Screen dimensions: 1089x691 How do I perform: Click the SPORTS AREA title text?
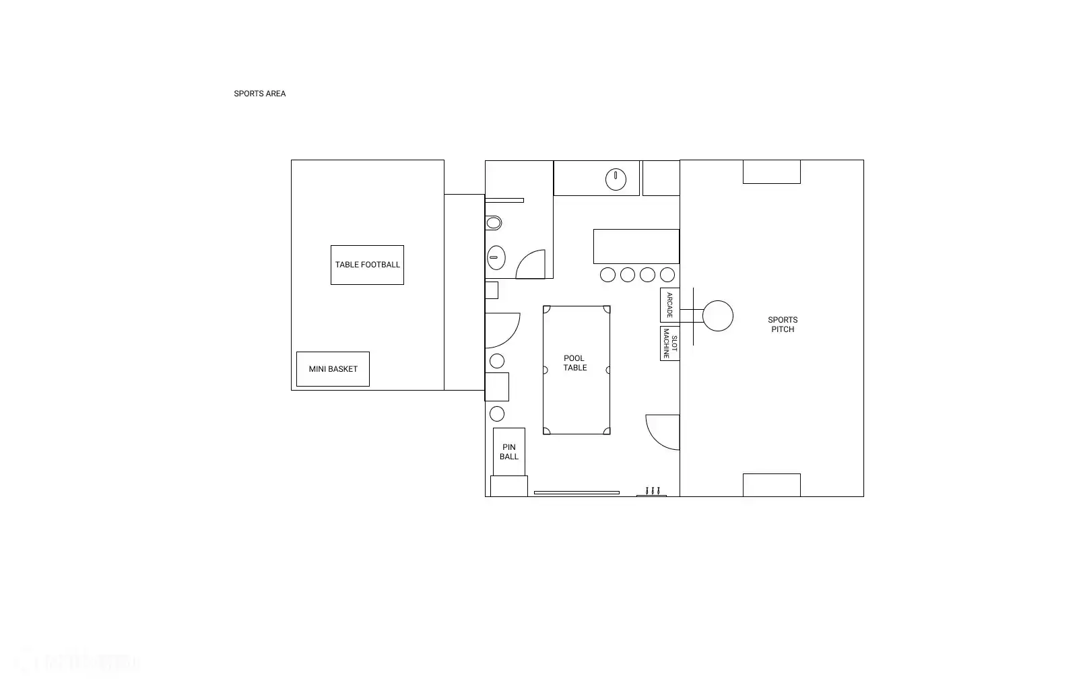pyautogui.click(x=259, y=94)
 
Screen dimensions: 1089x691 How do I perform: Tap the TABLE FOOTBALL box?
pyautogui.click(x=367, y=265)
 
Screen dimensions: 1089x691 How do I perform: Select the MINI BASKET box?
pyautogui.click(x=333, y=369)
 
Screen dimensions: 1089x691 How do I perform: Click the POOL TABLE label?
pyautogui.click(x=574, y=363)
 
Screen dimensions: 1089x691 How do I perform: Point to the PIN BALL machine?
pyautogui.click(x=509, y=452)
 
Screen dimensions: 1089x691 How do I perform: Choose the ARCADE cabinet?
pyautogui.click(x=670, y=305)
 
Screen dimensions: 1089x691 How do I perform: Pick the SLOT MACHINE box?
pyautogui.click(x=670, y=343)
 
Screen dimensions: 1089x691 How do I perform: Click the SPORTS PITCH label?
pyautogui.click(x=783, y=325)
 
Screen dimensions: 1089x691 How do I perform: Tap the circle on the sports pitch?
pyautogui.click(x=718, y=316)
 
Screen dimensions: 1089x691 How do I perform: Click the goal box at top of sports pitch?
pyautogui.click(x=772, y=172)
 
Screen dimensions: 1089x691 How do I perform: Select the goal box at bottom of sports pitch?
pyautogui.click(x=772, y=486)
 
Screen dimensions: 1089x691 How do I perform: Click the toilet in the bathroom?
pyautogui.click(x=494, y=223)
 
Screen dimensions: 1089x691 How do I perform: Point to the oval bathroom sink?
pyautogui.click(x=496, y=258)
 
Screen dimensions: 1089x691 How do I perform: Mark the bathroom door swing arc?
pyautogui.click(x=524, y=258)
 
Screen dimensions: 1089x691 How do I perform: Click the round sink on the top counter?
pyautogui.click(x=616, y=179)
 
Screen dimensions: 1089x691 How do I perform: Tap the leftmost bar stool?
pyautogui.click(x=607, y=275)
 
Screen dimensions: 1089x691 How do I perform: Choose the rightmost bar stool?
pyautogui.click(x=667, y=275)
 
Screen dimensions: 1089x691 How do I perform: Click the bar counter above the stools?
pyautogui.click(x=636, y=246)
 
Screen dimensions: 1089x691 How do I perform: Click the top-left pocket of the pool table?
pyautogui.click(x=546, y=308)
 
